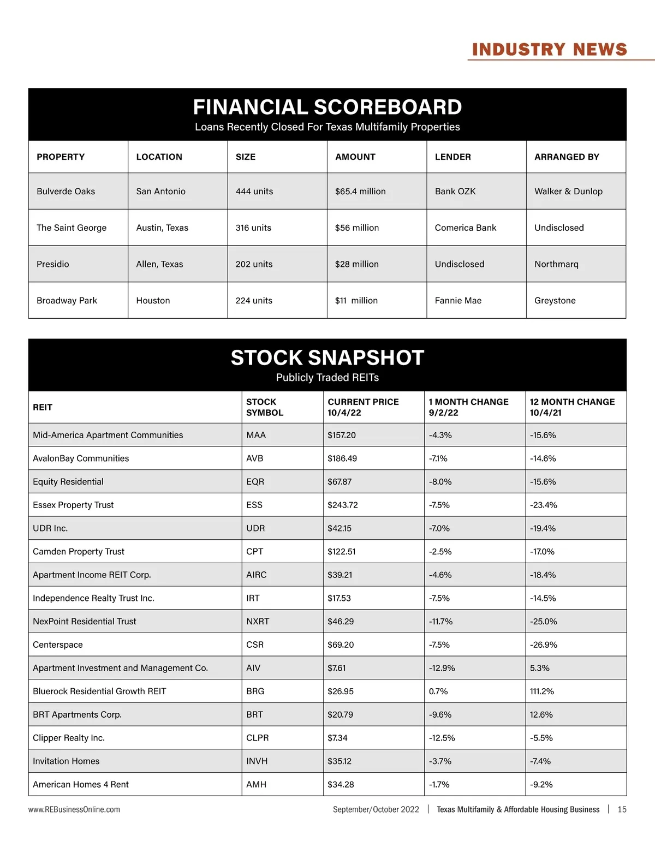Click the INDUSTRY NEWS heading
point(549,50)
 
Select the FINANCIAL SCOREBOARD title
point(327,107)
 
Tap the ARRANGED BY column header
point(567,157)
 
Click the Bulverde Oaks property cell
point(65,191)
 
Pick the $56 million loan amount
point(357,228)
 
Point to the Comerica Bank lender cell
point(466,228)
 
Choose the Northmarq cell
point(556,264)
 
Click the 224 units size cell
point(254,300)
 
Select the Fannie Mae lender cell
point(458,300)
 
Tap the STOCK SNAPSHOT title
point(327,357)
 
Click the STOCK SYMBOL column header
point(265,407)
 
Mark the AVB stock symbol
point(254,458)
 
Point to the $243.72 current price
point(343,505)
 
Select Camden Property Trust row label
point(79,551)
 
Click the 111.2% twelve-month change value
point(542,691)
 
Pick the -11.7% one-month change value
point(440,621)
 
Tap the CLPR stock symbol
point(258,738)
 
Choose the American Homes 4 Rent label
point(81,784)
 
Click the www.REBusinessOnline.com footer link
point(74,809)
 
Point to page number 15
point(622,809)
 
